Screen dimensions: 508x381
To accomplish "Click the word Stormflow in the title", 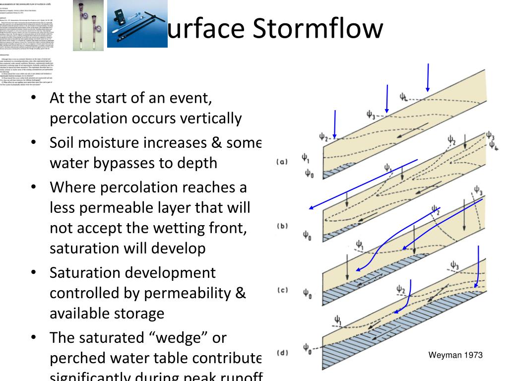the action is point(317,29).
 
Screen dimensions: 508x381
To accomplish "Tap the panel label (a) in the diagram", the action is point(282,162).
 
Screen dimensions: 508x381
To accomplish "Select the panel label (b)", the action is point(282,226).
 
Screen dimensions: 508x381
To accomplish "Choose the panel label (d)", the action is point(282,353).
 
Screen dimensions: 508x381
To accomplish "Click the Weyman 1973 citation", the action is point(455,355).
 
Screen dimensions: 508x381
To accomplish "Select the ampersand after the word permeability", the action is point(240,294).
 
